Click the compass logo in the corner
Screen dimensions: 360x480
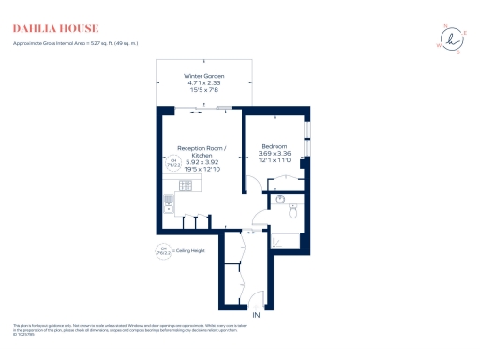coord(452,39)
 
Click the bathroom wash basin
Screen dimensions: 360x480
coord(278,199)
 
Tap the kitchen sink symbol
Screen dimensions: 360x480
coord(169,202)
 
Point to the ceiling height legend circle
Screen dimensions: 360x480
coord(161,251)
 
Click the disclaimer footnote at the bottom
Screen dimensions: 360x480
coord(187,328)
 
